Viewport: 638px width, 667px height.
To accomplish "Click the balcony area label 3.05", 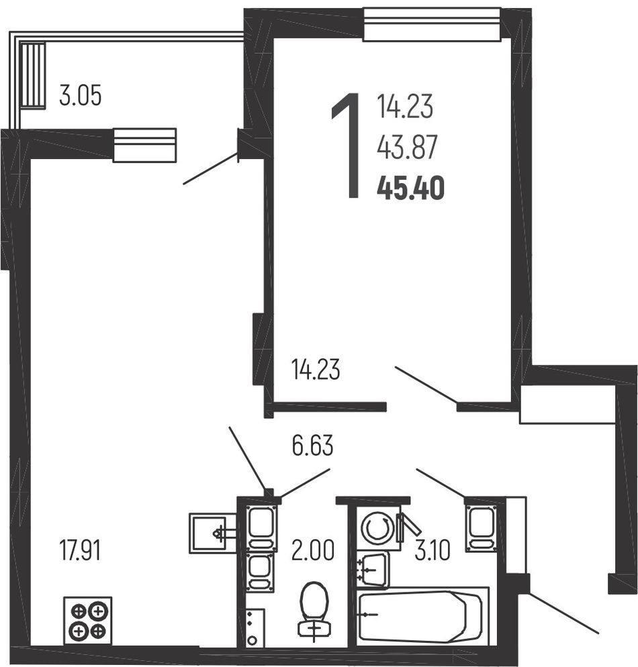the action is (80, 95).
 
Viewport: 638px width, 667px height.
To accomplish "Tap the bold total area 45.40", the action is (411, 189).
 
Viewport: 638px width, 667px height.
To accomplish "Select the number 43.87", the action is (408, 147).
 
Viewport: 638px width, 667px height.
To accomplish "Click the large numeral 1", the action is (347, 146).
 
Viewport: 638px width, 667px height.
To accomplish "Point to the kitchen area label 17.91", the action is (80, 550).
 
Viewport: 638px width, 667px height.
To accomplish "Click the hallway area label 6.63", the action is (313, 446).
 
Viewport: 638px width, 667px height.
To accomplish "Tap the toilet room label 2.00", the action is (313, 550).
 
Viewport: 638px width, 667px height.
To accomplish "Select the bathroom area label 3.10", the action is (432, 550).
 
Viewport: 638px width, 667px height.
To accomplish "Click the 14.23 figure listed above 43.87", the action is (405, 106).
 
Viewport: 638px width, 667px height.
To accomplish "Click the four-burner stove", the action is (88, 621).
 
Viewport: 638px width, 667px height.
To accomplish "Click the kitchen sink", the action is (212, 533).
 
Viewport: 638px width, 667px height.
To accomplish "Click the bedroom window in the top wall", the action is (432, 24).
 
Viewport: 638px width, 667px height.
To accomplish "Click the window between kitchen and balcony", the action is (144, 145).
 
